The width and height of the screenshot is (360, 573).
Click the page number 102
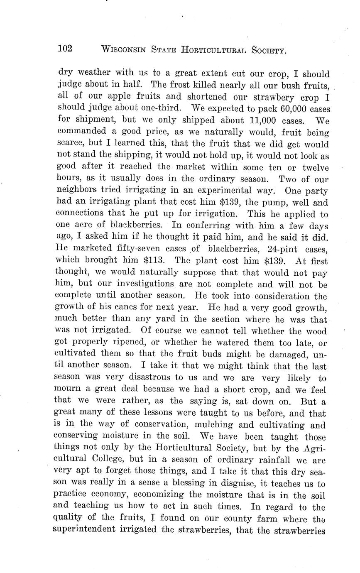[65, 49]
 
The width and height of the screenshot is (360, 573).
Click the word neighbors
[79, 191]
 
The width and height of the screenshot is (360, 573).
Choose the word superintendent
[91, 531]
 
